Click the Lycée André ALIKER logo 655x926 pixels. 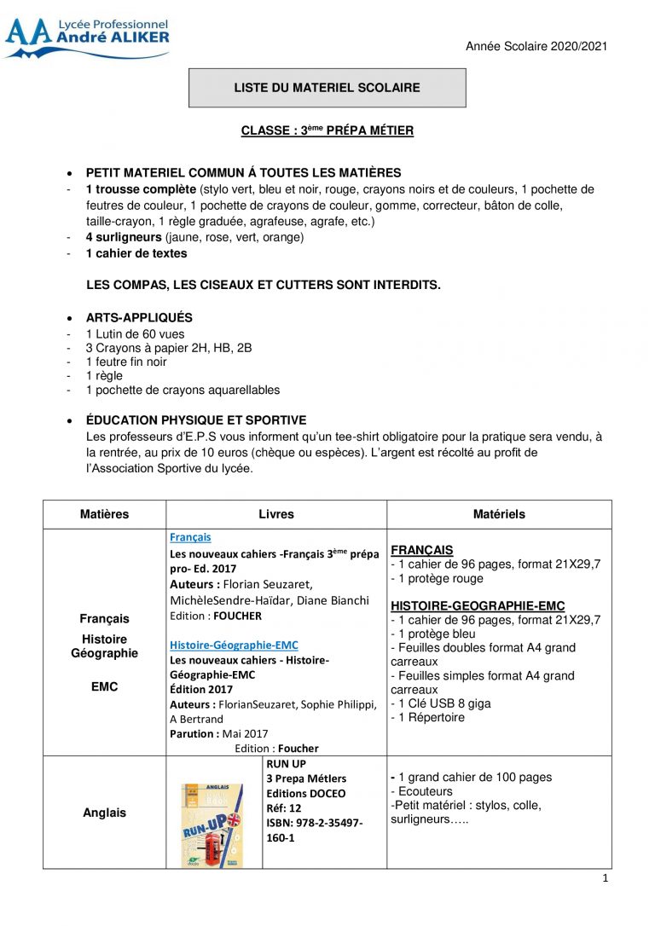87,38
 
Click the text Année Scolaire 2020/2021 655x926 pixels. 536,46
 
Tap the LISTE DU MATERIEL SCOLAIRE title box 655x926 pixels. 327,88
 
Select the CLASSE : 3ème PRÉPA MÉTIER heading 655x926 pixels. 327,130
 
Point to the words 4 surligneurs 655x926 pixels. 125,237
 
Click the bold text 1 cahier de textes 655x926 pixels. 136,253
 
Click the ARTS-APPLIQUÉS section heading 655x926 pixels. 139,317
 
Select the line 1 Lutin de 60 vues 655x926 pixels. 135,334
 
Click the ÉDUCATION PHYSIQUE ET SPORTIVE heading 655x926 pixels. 196,420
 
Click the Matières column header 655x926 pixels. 105,514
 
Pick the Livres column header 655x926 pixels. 276,514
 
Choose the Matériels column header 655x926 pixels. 499,514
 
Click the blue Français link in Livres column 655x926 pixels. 190,537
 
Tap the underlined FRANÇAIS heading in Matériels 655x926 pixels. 422,550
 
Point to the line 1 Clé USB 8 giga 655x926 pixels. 443,703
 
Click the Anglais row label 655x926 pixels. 104,813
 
